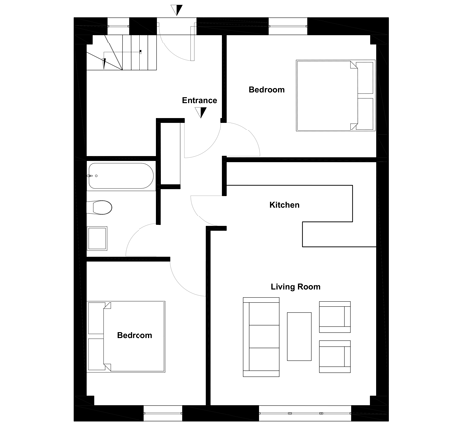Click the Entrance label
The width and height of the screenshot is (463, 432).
pos(199,100)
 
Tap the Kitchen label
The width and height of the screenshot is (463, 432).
pos(284,205)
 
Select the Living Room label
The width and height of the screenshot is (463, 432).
pos(295,287)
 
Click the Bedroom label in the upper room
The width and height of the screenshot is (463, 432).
pos(266,90)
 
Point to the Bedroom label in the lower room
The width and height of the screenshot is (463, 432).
pos(135,335)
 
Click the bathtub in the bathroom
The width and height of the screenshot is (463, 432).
pos(121,176)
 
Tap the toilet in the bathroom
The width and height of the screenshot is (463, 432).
pos(99,207)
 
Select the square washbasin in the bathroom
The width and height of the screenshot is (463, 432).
pos(97,238)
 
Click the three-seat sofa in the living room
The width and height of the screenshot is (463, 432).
pos(261,336)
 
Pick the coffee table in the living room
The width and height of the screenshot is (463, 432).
pos(299,336)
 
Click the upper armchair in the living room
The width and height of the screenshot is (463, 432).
pos(334,316)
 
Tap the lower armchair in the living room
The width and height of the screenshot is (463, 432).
pos(334,357)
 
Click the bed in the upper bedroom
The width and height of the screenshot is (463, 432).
pos(335,96)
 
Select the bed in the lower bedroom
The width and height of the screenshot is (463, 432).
pos(127,336)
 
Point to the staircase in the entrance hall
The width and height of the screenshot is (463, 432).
pos(122,52)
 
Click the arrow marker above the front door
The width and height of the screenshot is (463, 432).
pos(177,10)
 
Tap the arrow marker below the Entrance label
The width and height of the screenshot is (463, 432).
pos(201,113)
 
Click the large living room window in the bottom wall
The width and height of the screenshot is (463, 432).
pos(306,413)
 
